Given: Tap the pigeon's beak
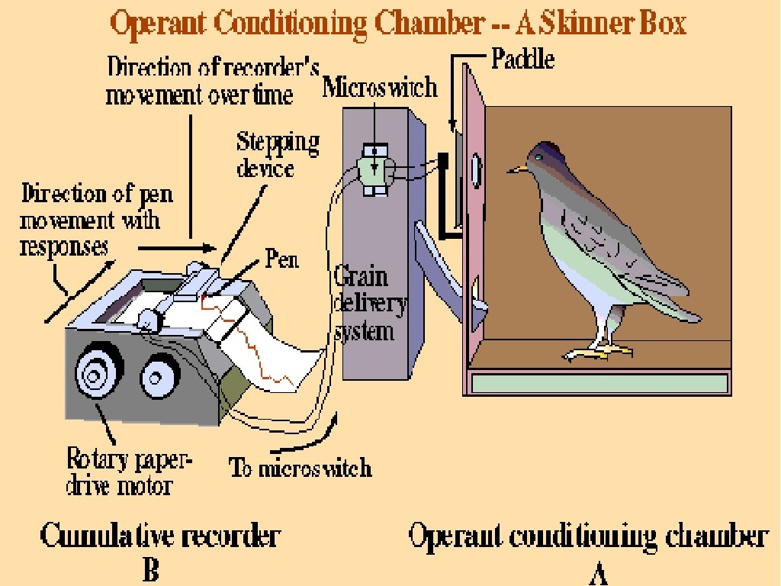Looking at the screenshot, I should [518, 167].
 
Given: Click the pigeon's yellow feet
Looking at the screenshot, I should [599, 352].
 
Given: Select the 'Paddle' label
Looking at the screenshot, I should [522, 60].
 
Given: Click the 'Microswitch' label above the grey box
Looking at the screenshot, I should [380, 87].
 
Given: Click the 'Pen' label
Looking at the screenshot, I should [281, 259].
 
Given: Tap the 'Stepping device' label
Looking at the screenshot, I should [277, 155].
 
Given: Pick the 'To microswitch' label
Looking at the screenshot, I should [301, 467].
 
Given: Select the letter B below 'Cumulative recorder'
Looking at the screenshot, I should [151, 571].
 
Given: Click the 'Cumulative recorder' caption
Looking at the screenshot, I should [159, 536].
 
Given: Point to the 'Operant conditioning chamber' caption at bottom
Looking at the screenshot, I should [587, 536].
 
